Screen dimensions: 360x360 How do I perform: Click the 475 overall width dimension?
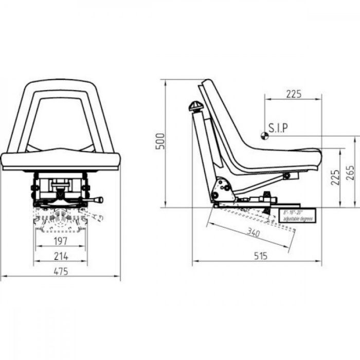61,271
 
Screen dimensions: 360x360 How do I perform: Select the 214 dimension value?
61,256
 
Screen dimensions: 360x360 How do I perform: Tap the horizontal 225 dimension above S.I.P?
293,94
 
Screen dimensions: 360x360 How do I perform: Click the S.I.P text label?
279,127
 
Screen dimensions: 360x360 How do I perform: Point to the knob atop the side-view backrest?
196,107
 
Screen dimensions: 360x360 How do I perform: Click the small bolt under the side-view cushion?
286,176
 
